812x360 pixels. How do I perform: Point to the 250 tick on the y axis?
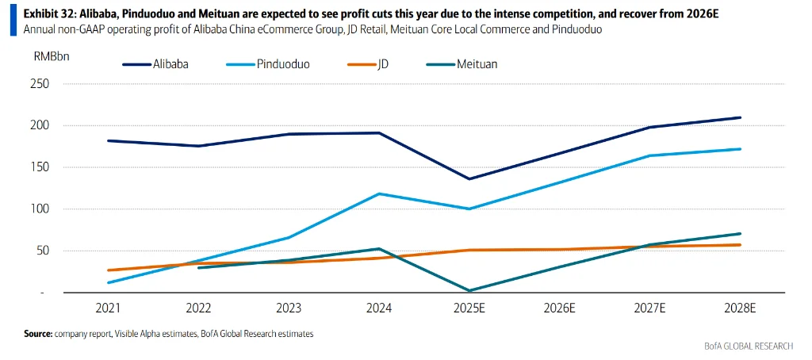38,84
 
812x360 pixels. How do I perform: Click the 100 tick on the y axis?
38,209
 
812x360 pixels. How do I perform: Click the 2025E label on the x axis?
469,308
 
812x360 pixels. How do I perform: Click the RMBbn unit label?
50,57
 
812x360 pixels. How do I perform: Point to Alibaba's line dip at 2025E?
469,179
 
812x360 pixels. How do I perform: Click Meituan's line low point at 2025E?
469,291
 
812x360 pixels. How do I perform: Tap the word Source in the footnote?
37,335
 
